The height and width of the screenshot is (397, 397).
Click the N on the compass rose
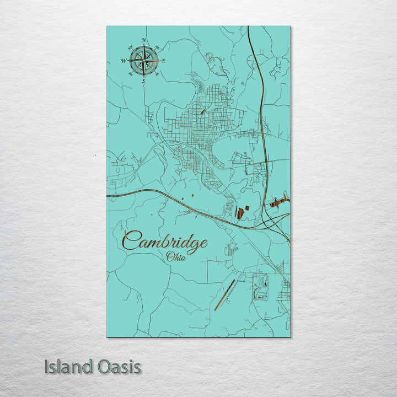(144, 41)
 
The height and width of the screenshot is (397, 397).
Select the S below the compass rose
(144, 81)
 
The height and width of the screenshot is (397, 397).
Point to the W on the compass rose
(124, 61)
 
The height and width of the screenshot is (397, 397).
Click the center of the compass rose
(144, 61)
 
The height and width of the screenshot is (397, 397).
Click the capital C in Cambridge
(130, 242)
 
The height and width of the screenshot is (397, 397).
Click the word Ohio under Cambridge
(176, 257)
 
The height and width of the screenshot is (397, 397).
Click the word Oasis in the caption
(118, 367)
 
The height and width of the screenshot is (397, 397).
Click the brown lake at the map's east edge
(280, 202)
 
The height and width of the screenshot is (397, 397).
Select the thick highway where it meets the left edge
(108, 195)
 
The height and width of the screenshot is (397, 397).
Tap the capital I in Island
(47, 367)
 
